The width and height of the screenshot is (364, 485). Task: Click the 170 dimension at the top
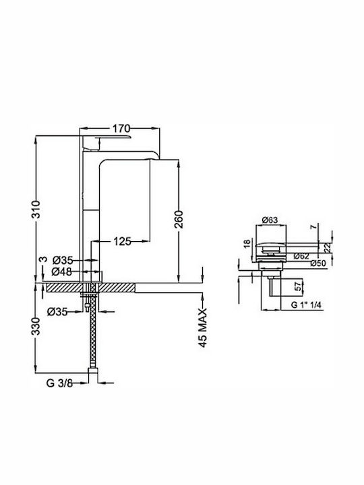click(121, 128)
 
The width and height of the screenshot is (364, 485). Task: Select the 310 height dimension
click(36, 209)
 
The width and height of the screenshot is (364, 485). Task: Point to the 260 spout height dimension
click(179, 220)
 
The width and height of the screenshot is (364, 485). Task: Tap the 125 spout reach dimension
click(122, 241)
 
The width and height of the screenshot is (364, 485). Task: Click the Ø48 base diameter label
click(62, 271)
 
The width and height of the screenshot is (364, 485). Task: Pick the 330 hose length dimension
click(36, 326)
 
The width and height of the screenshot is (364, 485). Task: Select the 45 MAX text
click(202, 328)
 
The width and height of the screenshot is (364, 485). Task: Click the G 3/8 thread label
click(59, 383)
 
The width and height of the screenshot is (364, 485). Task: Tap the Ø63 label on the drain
click(270, 220)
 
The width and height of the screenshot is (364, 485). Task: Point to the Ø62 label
click(302, 256)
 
